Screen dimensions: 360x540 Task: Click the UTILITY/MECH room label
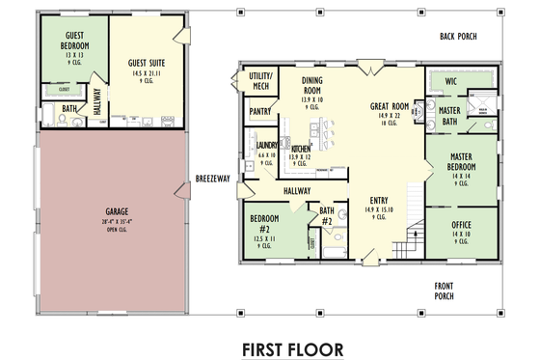click(x=260, y=80)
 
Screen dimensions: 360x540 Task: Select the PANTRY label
click(x=259, y=112)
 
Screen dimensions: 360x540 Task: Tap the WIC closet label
click(x=450, y=83)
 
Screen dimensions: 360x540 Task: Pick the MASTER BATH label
click(x=448, y=116)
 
